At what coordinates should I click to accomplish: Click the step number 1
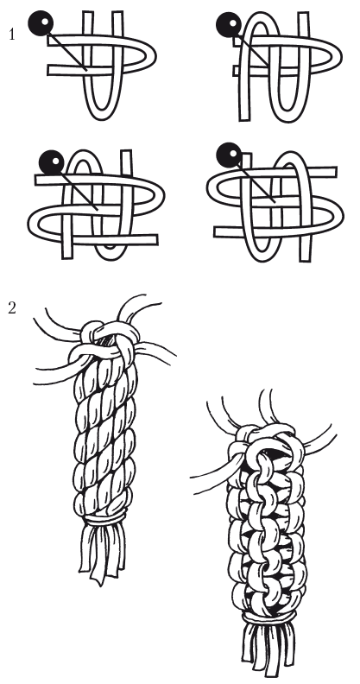point(12,34)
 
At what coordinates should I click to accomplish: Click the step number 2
point(12,308)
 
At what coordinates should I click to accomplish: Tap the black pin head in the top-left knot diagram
point(41,23)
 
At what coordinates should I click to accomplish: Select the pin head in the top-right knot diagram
point(229,24)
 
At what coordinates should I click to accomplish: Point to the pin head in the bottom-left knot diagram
point(52,162)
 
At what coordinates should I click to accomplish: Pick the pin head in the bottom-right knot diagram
point(229,155)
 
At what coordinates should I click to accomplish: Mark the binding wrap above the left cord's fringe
point(104,518)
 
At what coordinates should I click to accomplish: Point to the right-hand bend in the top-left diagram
point(150,56)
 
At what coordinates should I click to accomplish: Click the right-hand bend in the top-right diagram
point(336,57)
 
